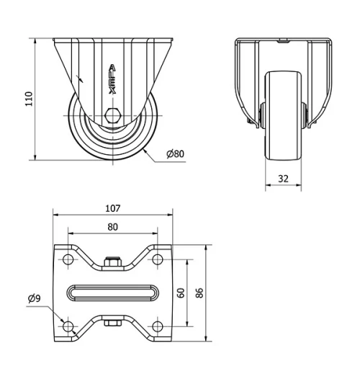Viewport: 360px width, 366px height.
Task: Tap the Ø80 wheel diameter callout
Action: coord(175,153)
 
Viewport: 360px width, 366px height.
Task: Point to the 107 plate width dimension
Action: coord(112,209)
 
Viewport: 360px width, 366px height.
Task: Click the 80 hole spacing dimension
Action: coord(112,226)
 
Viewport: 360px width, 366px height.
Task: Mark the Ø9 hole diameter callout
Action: coord(34,298)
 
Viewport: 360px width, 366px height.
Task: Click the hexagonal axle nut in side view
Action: coord(112,115)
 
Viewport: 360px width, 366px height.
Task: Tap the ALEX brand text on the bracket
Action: coord(112,78)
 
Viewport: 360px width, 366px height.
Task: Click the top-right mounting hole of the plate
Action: coord(157,259)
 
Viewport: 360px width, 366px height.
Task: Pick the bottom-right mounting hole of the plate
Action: coord(157,326)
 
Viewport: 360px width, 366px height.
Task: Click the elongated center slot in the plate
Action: coord(112,293)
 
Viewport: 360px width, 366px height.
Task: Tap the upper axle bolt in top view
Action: coord(112,263)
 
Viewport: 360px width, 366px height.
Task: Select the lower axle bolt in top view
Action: coord(112,323)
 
